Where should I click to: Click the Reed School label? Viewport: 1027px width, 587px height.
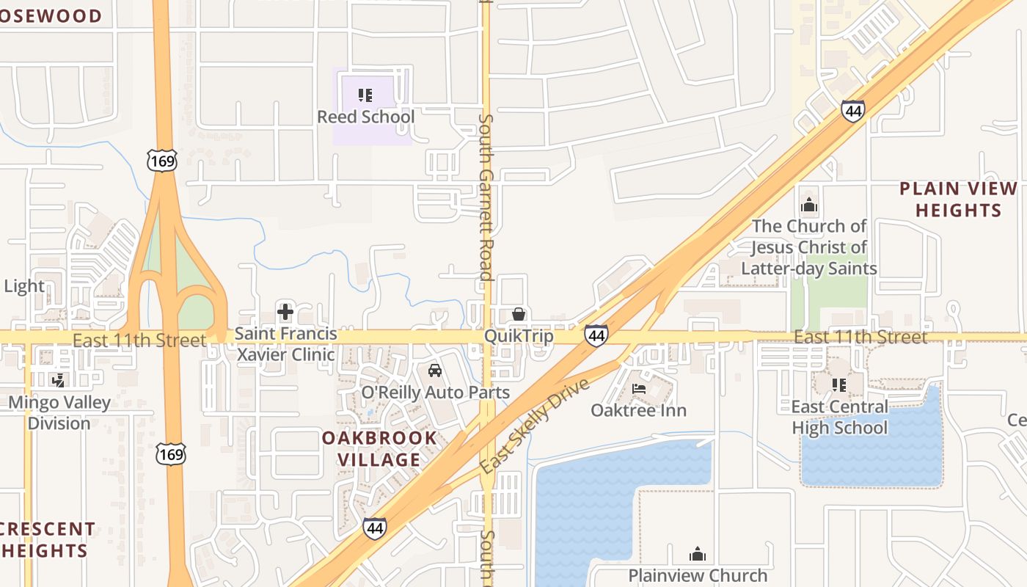[x=365, y=117]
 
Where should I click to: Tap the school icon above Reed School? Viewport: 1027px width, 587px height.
[x=365, y=95]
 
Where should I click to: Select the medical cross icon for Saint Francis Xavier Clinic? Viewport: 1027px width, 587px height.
[x=285, y=313]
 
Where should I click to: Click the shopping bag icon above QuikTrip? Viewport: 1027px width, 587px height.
[x=519, y=315]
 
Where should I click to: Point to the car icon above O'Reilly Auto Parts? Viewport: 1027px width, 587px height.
[x=435, y=371]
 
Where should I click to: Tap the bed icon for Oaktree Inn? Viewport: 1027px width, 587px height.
[x=639, y=389]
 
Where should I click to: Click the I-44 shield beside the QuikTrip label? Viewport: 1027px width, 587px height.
[x=596, y=336]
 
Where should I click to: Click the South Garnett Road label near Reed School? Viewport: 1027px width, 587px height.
[x=485, y=197]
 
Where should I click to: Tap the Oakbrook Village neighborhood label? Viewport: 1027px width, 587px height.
[x=379, y=449]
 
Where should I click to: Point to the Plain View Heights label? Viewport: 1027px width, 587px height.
[x=958, y=200]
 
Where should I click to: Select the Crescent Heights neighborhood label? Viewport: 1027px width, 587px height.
[x=45, y=539]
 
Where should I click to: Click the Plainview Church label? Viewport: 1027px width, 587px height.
[x=698, y=575]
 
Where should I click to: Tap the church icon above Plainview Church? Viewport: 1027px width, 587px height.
[x=698, y=554]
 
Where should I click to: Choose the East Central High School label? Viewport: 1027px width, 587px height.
[x=839, y=417]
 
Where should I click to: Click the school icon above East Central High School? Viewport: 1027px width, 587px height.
[x=839, y=384]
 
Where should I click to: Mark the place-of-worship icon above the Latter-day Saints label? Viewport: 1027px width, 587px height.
[x=809, y=205]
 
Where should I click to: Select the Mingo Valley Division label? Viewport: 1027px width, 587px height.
[x=59, y=412]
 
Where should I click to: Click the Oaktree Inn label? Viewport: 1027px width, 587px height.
[x=639, y=410]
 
